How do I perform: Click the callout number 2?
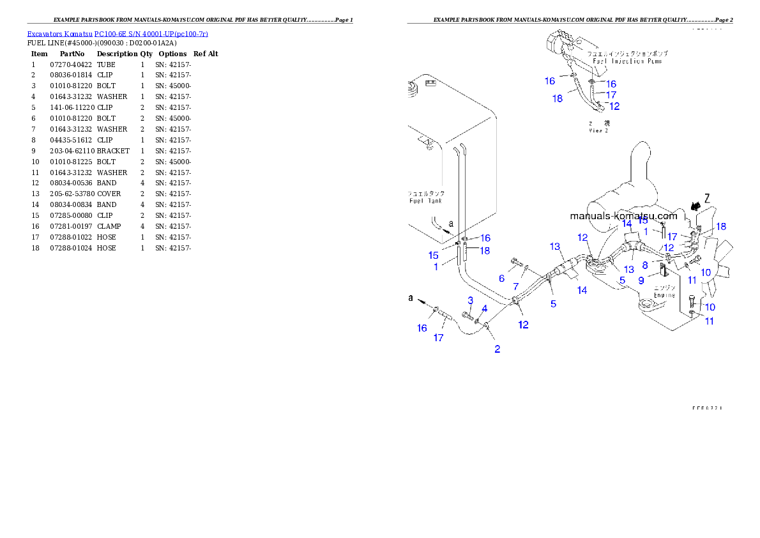coord(497,349)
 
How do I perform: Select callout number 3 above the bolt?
coord(470,300)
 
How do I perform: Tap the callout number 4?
coord(485,309)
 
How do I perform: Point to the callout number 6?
coord(502,279)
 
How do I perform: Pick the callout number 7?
coord(516,287)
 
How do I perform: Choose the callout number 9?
coord(641,280)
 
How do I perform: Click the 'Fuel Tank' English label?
coord(425,201)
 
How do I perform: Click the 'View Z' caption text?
coord(598,130)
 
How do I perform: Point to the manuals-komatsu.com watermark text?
coord(623,216)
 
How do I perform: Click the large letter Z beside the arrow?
coord(708,197)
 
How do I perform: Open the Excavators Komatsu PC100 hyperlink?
coord(118,34)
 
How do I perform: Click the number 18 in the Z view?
coord(558,98)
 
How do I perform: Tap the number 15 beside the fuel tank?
coord(434,255)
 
